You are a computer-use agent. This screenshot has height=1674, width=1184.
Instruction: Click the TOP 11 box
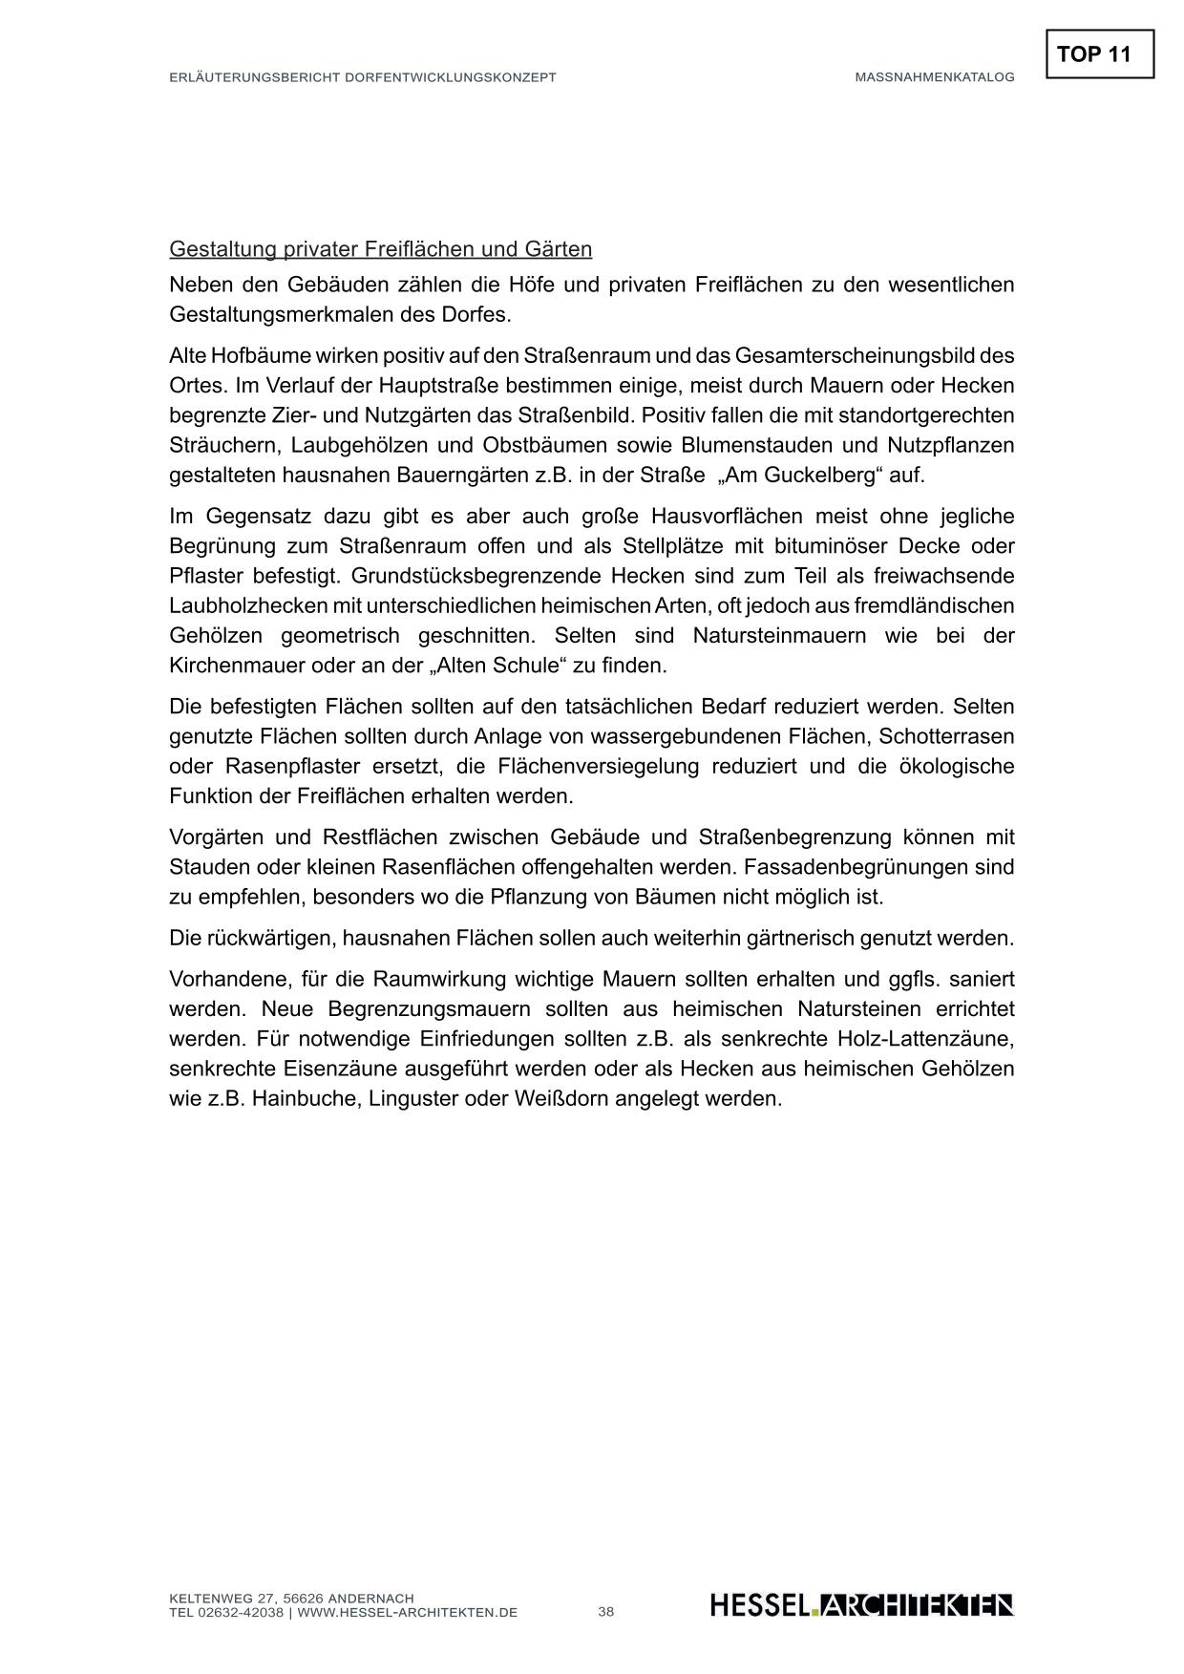(x=1099, y=54)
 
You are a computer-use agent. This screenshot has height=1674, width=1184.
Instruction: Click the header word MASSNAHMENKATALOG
(x=934, y=77)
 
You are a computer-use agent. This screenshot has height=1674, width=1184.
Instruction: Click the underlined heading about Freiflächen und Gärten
(x=380, y=249)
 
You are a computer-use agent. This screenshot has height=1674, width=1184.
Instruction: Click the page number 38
(x=606, y=1612)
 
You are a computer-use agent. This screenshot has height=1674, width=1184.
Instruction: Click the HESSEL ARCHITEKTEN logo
(x=861, y=1605)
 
